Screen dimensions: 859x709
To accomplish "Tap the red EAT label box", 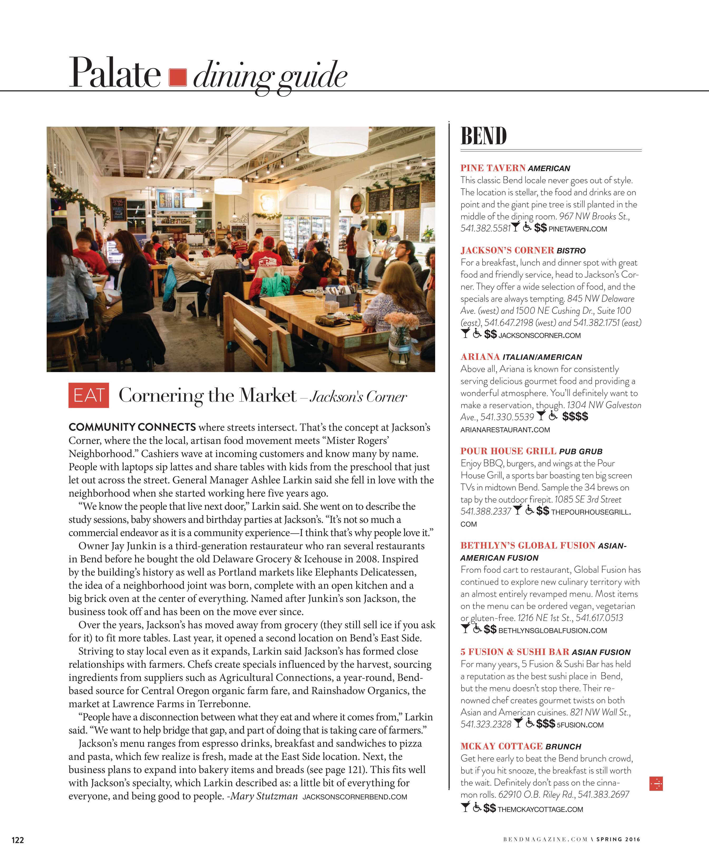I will click(x=89, y=395).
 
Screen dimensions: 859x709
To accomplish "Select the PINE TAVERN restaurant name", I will click(x=493, y=168).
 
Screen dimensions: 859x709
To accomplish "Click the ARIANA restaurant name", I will click(x=480, y=357).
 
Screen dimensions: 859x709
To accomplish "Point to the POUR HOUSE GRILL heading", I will click(x=508, y=451).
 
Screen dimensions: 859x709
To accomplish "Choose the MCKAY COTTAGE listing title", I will click(x=501, y=746).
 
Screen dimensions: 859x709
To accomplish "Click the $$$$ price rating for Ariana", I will click(x=575, y=417).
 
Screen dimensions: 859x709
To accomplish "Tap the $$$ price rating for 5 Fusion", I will click(x=546, y=724).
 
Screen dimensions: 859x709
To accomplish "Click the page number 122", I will click(x=18, y=840).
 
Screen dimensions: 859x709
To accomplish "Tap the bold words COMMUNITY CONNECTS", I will click(x=132, y=427).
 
